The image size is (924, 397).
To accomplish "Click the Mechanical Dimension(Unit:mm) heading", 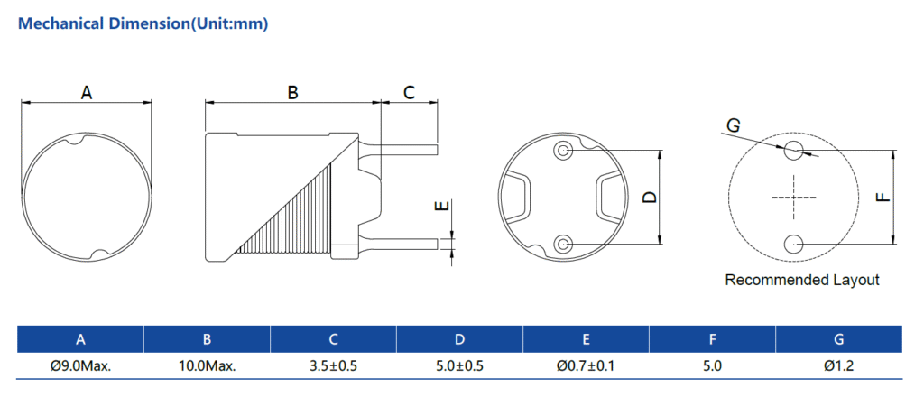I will tap(143, 24).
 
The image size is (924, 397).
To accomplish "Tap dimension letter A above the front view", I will tap(87, 93).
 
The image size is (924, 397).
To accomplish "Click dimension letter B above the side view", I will tap(292, 92).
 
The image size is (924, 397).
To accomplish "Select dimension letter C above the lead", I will tap(409, 92).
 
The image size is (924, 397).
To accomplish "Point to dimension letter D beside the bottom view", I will tap(649, 198).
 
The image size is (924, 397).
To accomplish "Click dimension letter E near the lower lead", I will tap(440, 207).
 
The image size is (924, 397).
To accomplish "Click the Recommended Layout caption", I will tap(801, 280).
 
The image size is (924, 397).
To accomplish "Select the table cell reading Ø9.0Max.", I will tap(80, 366).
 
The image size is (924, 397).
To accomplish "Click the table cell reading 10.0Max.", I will tap(207, 366).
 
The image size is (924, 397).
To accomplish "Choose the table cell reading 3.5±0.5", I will tap(333, 366).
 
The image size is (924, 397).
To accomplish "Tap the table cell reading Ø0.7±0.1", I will tap(586, 366).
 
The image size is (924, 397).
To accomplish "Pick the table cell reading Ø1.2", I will tap(838, 366).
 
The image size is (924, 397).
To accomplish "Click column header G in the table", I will tap(838, 339).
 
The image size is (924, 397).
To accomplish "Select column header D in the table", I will tap(459, 339).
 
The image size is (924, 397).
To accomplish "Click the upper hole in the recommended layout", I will tap(794, 150).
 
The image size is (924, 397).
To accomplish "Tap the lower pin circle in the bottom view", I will tap(564, 243).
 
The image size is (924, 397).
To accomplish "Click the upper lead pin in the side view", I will tap(411, 148).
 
